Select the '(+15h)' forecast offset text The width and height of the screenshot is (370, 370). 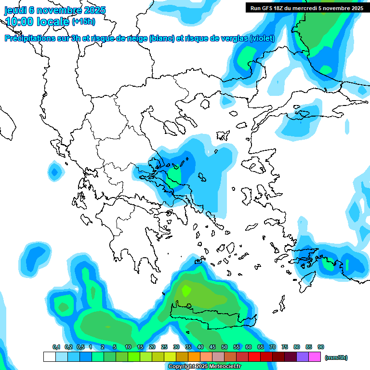[x=83, y=22]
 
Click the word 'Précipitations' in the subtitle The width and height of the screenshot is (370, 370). [x=29, y=39]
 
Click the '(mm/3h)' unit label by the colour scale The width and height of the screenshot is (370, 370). [x=336, y=357]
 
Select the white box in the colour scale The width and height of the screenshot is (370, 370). [x=50, y=357]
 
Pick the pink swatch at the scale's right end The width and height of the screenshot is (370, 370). [x=315, y=357]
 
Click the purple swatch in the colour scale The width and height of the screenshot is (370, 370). [x=303, y=357]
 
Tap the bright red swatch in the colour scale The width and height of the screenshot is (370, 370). [x=254, y=357]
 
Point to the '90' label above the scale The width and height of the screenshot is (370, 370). [x=321, y=347]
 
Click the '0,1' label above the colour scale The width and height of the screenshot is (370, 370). [x=56, y=347]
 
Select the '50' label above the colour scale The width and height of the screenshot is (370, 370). [x=225, y=347]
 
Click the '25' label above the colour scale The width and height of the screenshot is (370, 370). [x=164, y=347]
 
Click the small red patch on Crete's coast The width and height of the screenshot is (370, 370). [x=251, y=322]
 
